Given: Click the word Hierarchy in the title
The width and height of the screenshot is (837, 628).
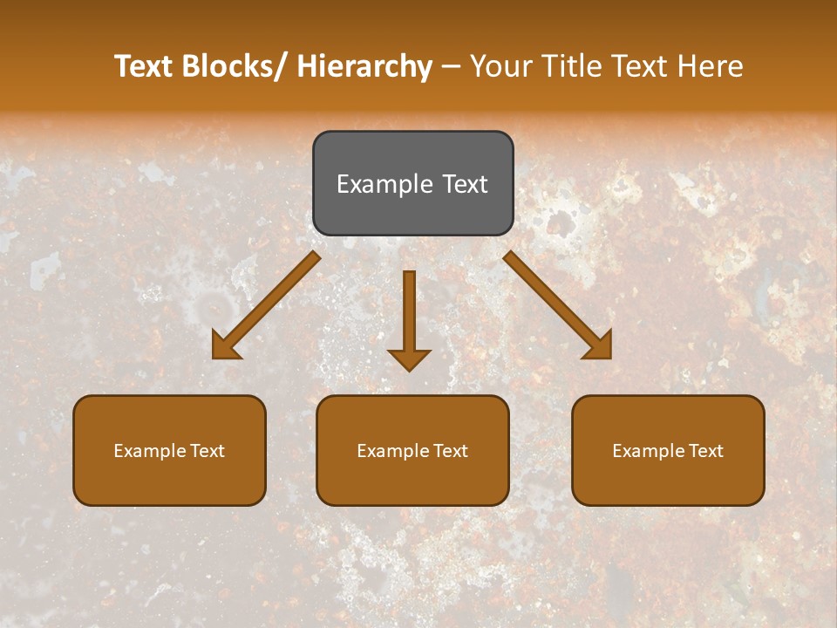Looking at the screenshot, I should point(364,66).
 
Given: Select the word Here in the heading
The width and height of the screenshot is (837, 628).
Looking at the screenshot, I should point(711,66).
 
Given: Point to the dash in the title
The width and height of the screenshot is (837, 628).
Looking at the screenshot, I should point(451,66).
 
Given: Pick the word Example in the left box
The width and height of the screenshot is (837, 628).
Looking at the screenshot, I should point(149,451).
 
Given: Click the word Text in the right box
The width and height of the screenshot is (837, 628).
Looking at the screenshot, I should point(704,451).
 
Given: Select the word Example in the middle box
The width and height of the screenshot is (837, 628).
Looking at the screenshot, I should point(392,451).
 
